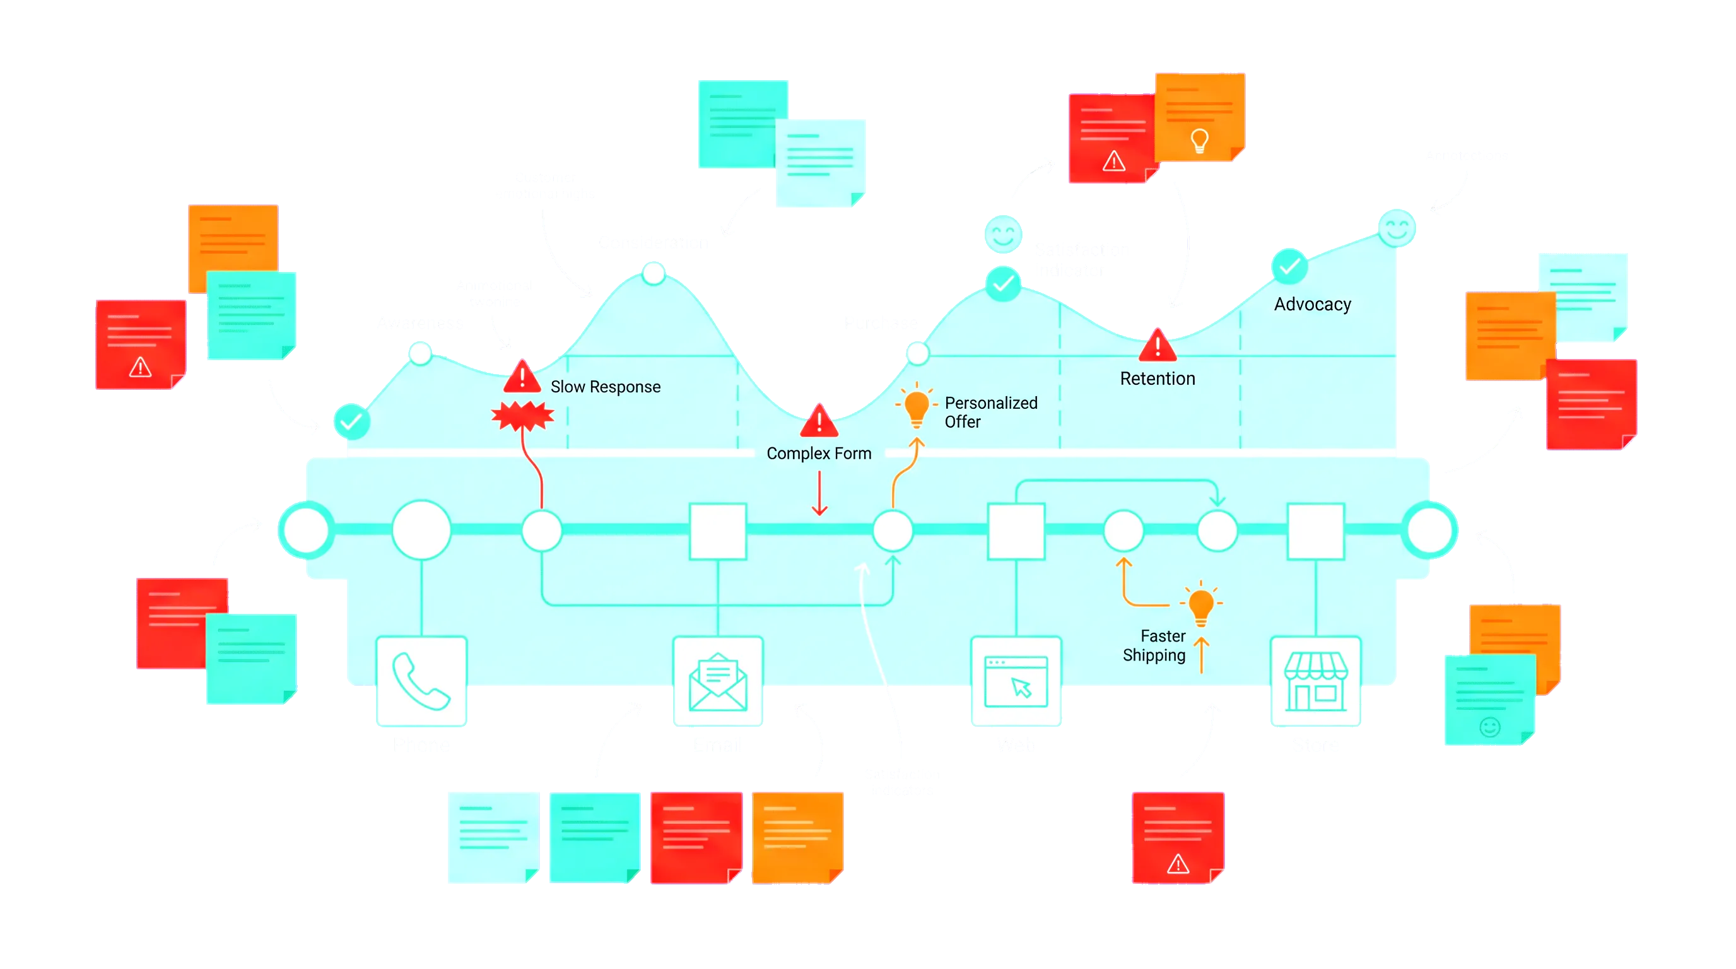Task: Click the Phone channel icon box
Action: click(421, 682)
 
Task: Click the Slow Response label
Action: click(605, 387)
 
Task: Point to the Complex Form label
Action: click(819, 454)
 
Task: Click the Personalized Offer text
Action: click(990, 412)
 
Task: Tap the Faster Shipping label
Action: click(1154, 645)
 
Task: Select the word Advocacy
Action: click(1312, 305)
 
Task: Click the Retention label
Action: click(1157, 379)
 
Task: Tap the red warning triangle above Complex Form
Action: click(819, 422)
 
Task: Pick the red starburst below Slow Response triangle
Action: click(522, 416)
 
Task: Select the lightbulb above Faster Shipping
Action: click(1201, 604)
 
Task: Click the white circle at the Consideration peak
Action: click(653, 273)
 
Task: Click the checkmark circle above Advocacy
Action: click(1289, 267)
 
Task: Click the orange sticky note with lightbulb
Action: click(1199, 117)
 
